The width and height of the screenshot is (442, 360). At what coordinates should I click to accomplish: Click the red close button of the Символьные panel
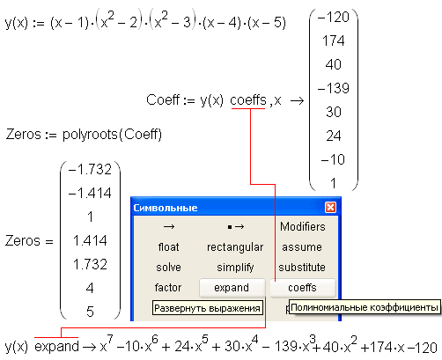tap(330, 208)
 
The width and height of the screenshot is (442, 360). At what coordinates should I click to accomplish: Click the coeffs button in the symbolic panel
tap(303, 288)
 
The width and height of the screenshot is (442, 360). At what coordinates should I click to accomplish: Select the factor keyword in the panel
tap(168, 288)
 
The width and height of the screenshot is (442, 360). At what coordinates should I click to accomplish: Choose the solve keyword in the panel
tap(168, 268)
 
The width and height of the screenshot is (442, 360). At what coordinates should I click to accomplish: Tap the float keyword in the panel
tap(168, 247)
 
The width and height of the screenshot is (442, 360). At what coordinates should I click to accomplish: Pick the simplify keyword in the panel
tap(235, 268)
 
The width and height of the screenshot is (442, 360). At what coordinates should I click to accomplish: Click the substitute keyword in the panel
tap(302, 268)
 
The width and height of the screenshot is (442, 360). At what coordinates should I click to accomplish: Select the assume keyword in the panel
tap(302, 247)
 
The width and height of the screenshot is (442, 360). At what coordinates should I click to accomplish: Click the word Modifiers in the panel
tap(303, 226)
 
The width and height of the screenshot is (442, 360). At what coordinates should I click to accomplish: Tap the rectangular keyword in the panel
tap(235, 247)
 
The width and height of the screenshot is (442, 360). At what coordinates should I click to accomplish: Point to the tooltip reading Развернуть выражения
tap(207, 308)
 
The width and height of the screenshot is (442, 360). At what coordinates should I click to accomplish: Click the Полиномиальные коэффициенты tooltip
tap(365, 307)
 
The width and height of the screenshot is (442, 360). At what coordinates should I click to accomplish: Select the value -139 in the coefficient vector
tap(334, 88)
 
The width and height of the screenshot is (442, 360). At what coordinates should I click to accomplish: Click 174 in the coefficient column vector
tap(334, 40)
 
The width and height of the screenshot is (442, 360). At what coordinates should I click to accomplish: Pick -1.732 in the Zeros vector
tap(90, 169)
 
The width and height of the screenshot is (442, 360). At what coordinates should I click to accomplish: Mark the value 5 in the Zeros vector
tap(90, 312)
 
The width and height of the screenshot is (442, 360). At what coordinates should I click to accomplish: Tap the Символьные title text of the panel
tap(166, 208)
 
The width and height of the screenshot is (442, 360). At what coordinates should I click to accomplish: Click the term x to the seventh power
tap(107, 344)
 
